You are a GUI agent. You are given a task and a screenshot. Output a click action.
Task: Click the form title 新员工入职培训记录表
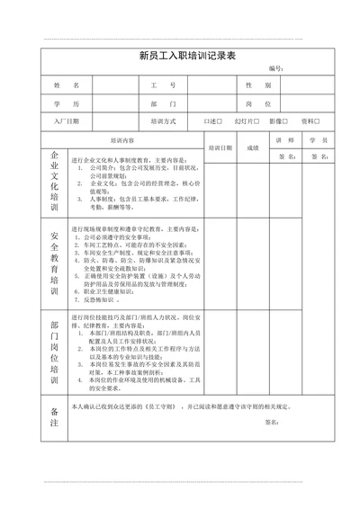coord(187,55)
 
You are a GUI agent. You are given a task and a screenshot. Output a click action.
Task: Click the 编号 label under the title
coord(276,68)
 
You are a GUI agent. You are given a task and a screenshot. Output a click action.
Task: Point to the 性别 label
coord(259,85)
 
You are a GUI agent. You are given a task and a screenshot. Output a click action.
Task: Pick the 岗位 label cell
coord(259,103)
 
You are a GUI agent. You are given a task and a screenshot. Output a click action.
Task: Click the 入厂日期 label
coord(68,120)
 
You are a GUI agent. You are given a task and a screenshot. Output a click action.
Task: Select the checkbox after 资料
coord(318,120)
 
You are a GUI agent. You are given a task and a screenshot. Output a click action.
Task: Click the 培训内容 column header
coord(122,140)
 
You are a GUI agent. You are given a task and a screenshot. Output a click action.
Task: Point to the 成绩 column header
coord(253,147)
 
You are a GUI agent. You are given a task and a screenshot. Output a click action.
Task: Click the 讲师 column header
coord(285,140)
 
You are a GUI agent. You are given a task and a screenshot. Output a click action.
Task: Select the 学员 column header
coord(318,140)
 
